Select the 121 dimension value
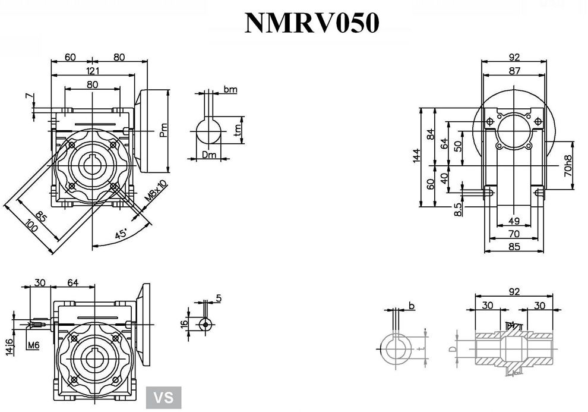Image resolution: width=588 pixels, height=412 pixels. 93,71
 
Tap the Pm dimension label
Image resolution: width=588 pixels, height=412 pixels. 165,129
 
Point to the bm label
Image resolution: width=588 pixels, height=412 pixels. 230,89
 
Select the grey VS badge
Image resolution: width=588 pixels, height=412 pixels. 164,397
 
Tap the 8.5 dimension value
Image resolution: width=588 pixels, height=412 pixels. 457,209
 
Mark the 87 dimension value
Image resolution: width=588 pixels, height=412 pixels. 514,71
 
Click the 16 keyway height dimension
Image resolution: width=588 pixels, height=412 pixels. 185,324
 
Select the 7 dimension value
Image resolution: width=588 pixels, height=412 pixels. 28,96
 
